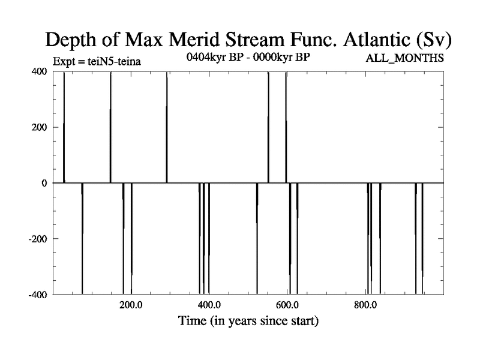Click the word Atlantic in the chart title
click(376, 40)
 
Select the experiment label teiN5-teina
click(114, 62)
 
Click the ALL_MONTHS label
click(404, 58)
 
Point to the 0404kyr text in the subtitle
click(206, 57)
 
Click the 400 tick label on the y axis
click(39, 71)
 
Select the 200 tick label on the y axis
click(39, 127)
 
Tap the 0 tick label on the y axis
click(44, 184)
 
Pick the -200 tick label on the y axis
click(38, 239)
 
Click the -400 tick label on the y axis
click(38, 295)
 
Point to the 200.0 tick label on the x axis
click(131, 305)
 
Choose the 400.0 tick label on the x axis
click(209, 305)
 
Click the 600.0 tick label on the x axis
click(287, 305)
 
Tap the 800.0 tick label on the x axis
click(365, 305)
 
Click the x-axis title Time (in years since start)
click(248, 321)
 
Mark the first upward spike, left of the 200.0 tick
click(64, 127)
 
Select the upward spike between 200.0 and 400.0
click(167, 127)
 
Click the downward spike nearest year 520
click(257, 239)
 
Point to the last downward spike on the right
click(422, 239)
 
